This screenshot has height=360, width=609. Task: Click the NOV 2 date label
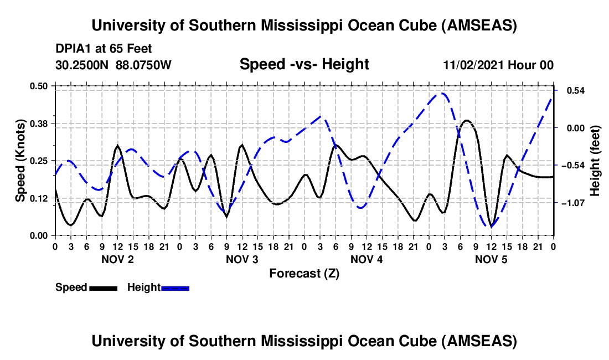pyautogui.click(x=117, y=259)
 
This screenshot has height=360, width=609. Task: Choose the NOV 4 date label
pyautogui.click(x=367, y=259)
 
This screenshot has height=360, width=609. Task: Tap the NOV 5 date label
pyautogui.click(x=491, y=259)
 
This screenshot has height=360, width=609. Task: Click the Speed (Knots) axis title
pyautogui.click(x=20, y=161)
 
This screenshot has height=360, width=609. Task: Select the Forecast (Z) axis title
pyautogui.click(x=304, y=273)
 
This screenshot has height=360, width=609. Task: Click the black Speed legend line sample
pyautogui.click(x=103, y=287)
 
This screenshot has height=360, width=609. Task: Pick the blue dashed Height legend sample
pyautogui.click(x=176, y=287)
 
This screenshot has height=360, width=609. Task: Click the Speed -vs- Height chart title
pyautogui.click(x=304, y=64)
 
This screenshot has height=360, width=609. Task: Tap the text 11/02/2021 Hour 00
pyautogui.click(x=498, y=65)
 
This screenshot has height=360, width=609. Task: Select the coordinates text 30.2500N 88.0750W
pyautogui.click(x=114, y=65)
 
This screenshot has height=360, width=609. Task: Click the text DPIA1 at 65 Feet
pyautogui.click(x=104, y=49)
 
